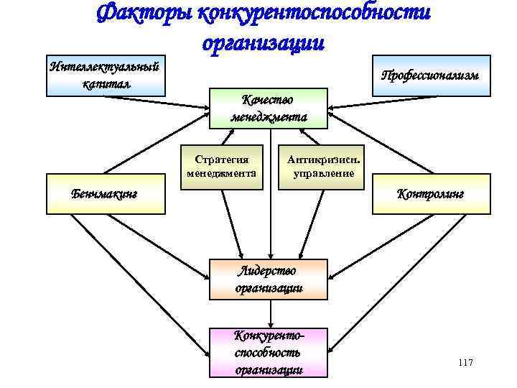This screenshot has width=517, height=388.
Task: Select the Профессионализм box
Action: click(431, 75)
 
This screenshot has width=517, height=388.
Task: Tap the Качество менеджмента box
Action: click(269, 108)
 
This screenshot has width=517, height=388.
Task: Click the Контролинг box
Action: click(431, 193)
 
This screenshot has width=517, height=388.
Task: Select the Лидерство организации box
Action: click(269, 280)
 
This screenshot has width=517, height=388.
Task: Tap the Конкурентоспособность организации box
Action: click(269, 352)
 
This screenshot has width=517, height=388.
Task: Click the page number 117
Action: click(465, 363)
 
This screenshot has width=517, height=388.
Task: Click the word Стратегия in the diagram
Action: click(222, 160)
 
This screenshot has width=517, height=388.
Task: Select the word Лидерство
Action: click(266, 271)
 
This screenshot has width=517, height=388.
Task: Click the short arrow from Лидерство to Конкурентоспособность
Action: click(270, 313)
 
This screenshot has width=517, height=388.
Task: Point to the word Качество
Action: click(268, 101)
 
